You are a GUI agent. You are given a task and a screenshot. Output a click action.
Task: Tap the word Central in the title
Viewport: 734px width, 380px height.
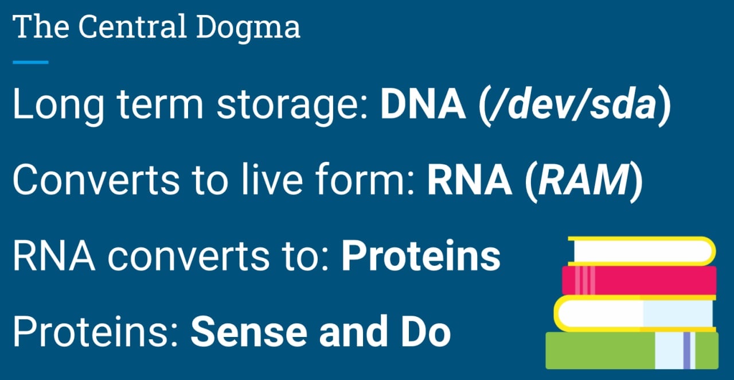tap(132, 26)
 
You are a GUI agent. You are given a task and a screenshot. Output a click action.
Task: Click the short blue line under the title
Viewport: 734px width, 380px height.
tap(30, 62)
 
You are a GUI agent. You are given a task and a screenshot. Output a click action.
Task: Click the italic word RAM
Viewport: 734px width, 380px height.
tap(584, 180)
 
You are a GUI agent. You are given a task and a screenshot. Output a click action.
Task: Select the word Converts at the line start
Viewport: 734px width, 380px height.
tap(96, 180)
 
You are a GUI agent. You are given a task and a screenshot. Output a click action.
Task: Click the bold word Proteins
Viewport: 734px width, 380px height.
tap(421, 255)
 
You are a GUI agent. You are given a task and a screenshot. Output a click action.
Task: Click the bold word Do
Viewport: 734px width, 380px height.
tap(426, 331)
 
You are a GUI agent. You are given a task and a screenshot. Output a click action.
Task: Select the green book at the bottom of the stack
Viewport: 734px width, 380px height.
tap(632, 351)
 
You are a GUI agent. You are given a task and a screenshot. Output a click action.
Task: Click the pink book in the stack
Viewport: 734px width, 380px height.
tap(639, 280)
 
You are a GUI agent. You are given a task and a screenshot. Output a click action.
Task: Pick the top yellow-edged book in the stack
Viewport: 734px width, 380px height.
tap(642, 251)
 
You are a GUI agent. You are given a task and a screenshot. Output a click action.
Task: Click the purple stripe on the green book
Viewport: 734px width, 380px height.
tap(686, 351)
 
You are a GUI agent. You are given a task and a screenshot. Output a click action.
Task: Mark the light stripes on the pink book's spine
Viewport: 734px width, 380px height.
tap(585, 280)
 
